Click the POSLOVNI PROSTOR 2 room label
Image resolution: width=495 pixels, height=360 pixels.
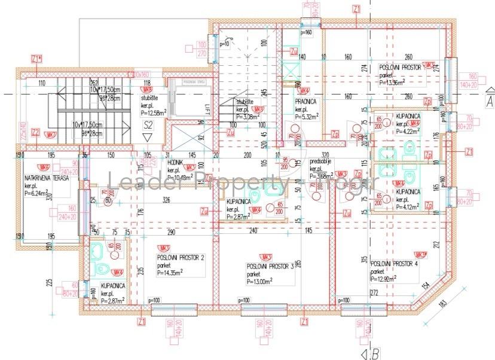click(181, 257)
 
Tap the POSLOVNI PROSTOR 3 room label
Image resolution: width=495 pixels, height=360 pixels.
click(270, 267)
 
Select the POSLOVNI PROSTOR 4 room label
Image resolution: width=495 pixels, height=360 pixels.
click(394, 264)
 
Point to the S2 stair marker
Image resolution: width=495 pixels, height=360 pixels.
click(148, 125)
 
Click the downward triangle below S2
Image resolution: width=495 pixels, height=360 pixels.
click(148, 138)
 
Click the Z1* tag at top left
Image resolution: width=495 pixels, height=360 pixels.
click(36, 58)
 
